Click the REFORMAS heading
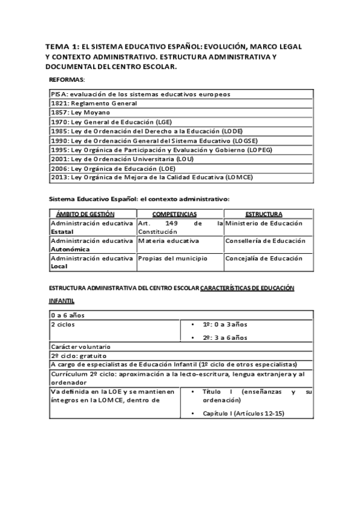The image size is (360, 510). pyautogui.click(x=67, y=80)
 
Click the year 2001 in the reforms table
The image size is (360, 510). pyautogui.click(x=59, y=159)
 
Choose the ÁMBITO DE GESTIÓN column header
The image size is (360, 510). pyautogui.click(x=93, y=214)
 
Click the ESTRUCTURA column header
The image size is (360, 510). pyautogui.click(x=264, y=214)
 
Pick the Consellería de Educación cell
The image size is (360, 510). pyautogui.click(x=265, y=241)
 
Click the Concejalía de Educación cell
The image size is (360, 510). pyautogui.click(x=264, y=258)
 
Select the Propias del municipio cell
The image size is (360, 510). pyautogui.click(x=172, y=258)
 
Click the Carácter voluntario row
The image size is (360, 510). pyautogui.click(x=81, y=346)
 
